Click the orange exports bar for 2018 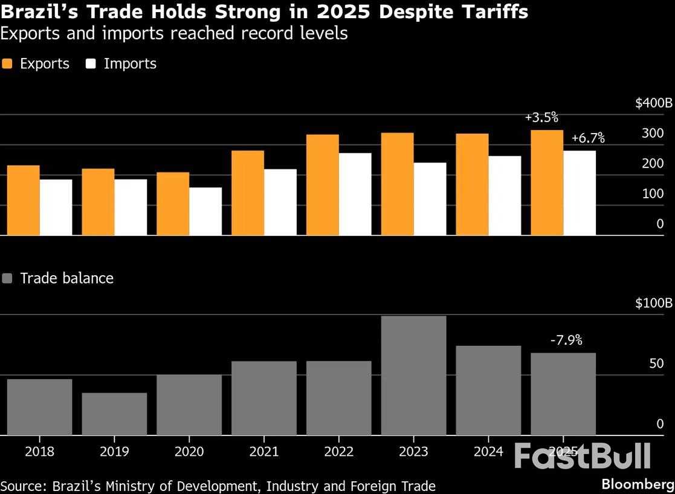tap(24, 200)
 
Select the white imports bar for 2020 tap(205, 211)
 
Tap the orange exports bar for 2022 tap(323, 184)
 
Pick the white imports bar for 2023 tap(430, 198)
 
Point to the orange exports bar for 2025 tap(547, 182)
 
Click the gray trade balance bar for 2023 tap(413, 375)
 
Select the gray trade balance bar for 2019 tap(114, 414)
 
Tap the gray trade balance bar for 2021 tap(264, 398)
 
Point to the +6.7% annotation tap(588, 138)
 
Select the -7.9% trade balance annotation tap(566, 340)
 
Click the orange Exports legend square tap(7, 64)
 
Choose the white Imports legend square tap(91, 64)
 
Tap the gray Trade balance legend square tap(7, 279)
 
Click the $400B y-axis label tap(653, 103)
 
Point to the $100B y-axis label tap(653, 304)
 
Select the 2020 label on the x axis tap(189, 452)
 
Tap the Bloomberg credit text tap(638, 484)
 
